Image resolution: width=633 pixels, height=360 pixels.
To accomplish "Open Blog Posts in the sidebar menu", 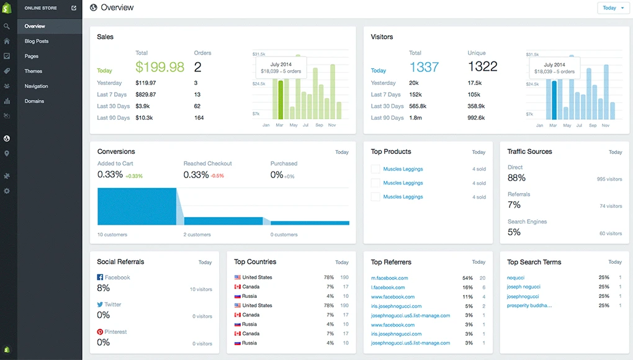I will click(x=37, y=41).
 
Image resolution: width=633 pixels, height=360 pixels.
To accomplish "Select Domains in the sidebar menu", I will click(x=34, y=101).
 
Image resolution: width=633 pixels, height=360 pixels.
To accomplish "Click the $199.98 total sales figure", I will click(x=159, y=67).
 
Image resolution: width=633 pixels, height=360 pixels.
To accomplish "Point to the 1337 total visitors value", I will click(x=424, y=67).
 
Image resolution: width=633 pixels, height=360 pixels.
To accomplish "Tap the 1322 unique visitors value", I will click(x=482, y=67).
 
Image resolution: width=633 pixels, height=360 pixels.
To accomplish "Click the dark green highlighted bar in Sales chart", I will click(x=280, y=99).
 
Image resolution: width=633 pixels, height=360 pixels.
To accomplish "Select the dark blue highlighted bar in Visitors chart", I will click(x=554, y=99).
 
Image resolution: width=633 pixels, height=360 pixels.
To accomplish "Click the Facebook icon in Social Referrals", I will click(x=100, y=277).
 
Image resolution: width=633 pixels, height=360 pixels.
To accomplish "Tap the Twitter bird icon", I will click(x=100, y=305).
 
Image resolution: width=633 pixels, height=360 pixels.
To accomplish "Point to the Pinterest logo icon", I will click(x=100, y=332).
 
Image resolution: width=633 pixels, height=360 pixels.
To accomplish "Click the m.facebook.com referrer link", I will click(x=389, y=278).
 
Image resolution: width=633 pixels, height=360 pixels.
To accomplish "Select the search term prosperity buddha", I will click(x=529, y=305).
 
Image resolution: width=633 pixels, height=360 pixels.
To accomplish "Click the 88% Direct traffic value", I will click(x=516, y=178).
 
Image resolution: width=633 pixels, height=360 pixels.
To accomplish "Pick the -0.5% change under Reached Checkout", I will click(x=217, y=176).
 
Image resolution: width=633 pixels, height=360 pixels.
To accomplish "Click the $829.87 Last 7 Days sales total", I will click(x=145, y=94).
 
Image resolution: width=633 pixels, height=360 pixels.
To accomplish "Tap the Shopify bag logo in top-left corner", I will click(x=7, y=8).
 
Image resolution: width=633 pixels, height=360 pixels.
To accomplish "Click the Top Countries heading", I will click(x=255, y=262).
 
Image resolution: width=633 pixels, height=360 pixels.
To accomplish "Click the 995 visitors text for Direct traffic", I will click(x=609, y=179).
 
